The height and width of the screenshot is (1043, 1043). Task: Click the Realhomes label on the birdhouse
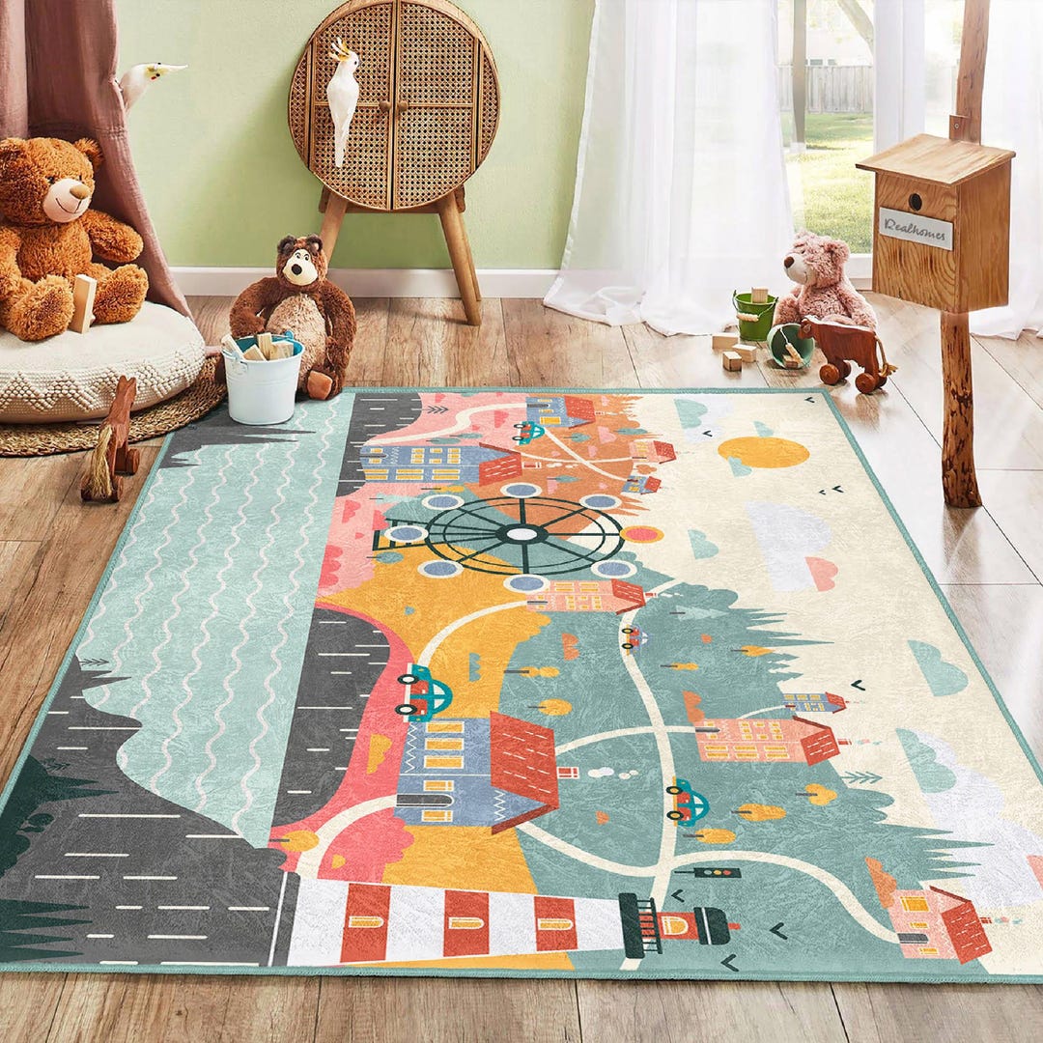[x=915, y=229]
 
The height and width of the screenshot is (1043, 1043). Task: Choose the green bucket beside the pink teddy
[x=753, y=315]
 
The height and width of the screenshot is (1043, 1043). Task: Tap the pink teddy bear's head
[x=813, y=260]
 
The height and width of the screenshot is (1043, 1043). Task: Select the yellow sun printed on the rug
[x=763, y=451]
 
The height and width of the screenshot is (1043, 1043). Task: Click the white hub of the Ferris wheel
[x=521, y=533]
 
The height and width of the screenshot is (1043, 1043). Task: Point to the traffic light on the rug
[x=714, y=872]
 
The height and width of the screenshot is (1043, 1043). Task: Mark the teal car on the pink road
[x=425, y=691]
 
